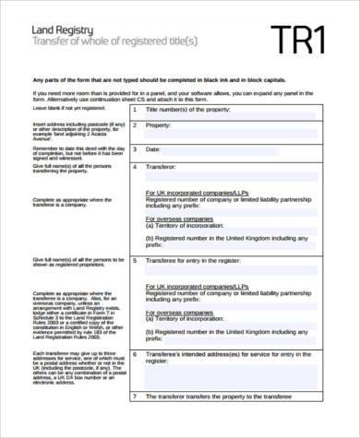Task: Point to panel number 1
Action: tap(136, 109)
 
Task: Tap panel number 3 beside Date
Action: tap(136, 148)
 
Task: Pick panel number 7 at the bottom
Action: tap(136, 422)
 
